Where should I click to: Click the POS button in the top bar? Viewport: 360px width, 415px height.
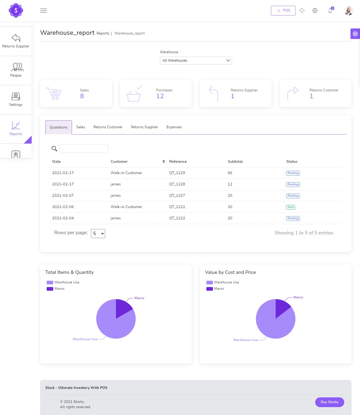click(283, 11)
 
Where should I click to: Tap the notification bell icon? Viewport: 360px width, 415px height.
click(330, 11)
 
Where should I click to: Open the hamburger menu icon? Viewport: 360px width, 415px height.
click(43, 11)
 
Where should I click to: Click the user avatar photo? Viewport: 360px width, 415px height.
click(349, 11)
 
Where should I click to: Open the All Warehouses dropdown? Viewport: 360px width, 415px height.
click(196, 60)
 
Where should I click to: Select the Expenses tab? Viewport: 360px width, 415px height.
click(174, 127)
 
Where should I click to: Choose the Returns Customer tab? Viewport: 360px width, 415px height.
click(108, 127)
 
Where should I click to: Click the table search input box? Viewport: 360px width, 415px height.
click(84, 148)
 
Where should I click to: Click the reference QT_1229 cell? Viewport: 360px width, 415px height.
click(177, 173)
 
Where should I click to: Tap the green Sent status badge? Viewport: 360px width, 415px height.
click(290, 207)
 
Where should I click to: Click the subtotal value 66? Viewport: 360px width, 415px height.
click(230, 173)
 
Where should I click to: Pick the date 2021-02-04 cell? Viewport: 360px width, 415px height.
click(63, 218)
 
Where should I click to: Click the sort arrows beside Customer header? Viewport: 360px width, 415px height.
click(163, 161)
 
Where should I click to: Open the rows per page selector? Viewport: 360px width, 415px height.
click(98, 234)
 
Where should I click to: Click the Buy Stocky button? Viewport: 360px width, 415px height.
click(329, 402)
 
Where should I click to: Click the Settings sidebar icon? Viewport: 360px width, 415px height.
click(16, 96)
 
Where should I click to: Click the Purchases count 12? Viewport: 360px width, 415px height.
click(160, 96)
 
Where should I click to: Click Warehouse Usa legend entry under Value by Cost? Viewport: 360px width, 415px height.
click(223, 282)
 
